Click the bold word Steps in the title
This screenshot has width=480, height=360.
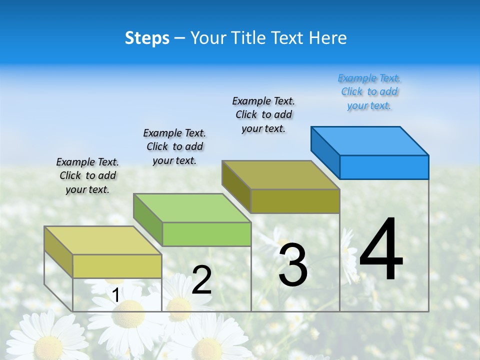click(147, 38)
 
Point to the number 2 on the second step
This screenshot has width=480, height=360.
click(201, 280)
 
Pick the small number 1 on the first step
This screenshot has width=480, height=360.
click(115, 295)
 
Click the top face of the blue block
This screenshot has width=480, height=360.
click(369, 140)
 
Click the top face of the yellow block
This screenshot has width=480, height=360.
click(102, 240)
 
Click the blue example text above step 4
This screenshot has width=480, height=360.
click(369, 92)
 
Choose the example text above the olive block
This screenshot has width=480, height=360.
click(263, 114)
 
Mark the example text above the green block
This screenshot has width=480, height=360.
click(174, 146)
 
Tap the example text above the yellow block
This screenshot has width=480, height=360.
click(87, 175)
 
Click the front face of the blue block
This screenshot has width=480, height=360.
click(384, 167)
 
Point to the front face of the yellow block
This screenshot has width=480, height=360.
click(117, 266)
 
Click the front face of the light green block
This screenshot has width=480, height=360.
click(206, 234)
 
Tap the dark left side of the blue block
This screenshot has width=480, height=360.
click(325, 152)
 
